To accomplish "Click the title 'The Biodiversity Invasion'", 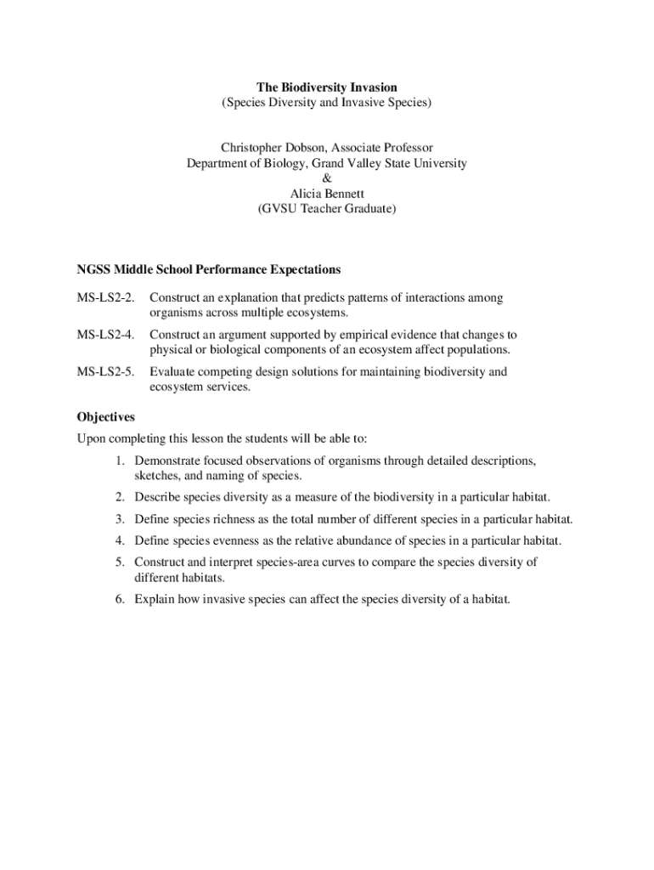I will pyautogui.click(x=327, y=88).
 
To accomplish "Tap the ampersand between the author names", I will pyautogui.click(x=327, y=178).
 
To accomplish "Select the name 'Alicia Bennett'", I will pyautogui.click(x=327, y=194).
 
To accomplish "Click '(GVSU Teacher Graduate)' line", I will pyautogui.click(x=327, y=208).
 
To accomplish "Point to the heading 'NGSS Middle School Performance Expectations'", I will pyautogui.click(x=209, y=269).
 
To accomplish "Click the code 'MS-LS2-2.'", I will pyautogui.click(x=106, y=298).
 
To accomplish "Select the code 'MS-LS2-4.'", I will pyautogui.click(x=106, y=335).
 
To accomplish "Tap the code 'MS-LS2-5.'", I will pyautogui.click(x=106, y=371).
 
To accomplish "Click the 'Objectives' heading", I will pyautogui.click(x=106, y=417).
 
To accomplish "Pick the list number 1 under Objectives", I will pyautogui.click(x=121, y=460).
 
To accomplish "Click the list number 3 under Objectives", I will pyautogui.click(x=121, y=518).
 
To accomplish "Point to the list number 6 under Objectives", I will pyautogui.click(x=121, y=599).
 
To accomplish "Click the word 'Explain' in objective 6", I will pyautogui.click(x=154, y=599).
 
